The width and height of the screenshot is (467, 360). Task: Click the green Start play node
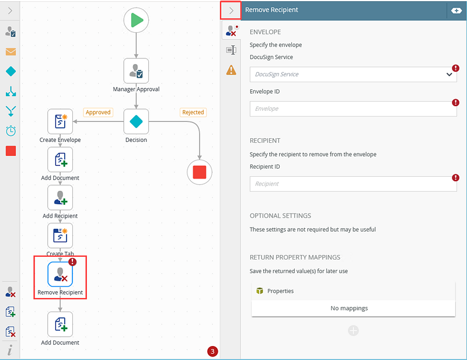[136, 20]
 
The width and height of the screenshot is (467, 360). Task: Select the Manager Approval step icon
[136, 71]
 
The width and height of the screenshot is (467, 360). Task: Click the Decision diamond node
[136, 121]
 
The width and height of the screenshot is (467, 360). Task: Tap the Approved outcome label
[98, 112]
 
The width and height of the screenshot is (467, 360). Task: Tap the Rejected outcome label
[193, 112]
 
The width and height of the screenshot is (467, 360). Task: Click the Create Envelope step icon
[60, 121]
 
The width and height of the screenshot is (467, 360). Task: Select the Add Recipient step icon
[60, 197]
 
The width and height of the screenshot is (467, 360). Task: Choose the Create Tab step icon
[60, 236]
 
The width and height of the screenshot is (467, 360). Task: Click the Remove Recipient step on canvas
[60, 274]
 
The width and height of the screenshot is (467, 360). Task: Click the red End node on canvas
[200, 172]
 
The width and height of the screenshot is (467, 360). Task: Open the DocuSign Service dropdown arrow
[449, 75]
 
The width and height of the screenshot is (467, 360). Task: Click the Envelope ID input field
[353, 109]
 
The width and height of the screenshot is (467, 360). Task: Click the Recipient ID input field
[353, 184]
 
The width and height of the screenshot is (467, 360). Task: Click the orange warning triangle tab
[231, 70]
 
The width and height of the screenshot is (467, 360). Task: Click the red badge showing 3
[212, 351]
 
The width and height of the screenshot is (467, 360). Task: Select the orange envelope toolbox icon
[11, 52]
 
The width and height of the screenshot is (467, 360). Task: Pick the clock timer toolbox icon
[11, 131]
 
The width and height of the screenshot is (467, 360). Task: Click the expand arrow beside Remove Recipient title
[231, 11]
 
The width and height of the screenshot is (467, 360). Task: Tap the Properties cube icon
[260, 291]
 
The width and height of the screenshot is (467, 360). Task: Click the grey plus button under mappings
[353, 330]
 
